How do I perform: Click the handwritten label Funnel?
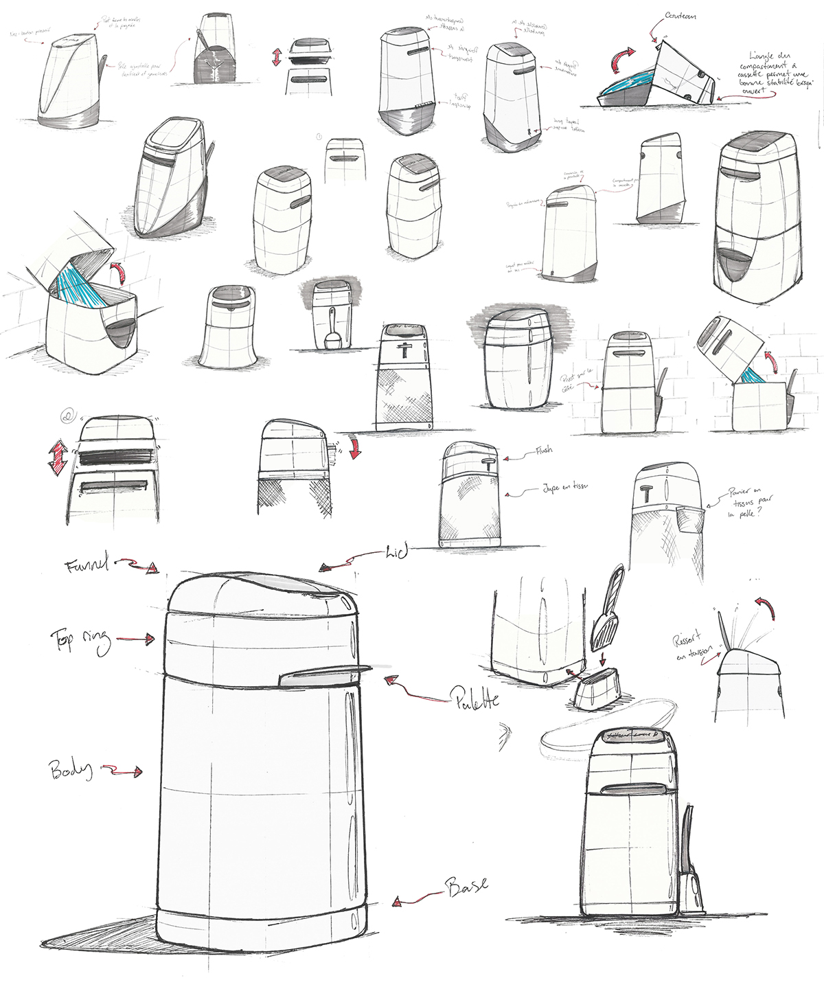pos(87,566)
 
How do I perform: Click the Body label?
pos(70,769)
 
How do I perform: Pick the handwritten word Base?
pos(467,885)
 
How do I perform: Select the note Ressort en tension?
pos(689,646)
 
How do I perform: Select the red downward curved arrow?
pos(354,447)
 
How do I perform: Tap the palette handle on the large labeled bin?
pos(323,676)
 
